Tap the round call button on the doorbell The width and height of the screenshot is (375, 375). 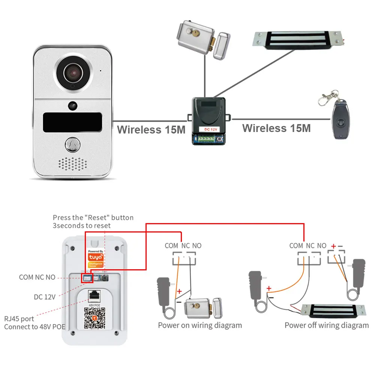pyautogui.click(x=73, y=144)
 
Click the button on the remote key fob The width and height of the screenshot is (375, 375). pyautogui.click(x=341, y=122)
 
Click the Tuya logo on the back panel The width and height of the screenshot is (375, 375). pyautogui.click(x=94, y=256)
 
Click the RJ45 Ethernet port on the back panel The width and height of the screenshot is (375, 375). pyautogui.click(x=94, y=295)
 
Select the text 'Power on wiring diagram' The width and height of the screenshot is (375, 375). pyautogui.click(x=200, y=325)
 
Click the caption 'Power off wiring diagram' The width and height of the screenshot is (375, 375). pyautogui.click(x=327, y=325)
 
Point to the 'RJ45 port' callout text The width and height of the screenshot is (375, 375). pyautogui.click(x=19, y=319)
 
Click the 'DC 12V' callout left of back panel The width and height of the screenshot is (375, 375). pyautogui.click(x=45, y=297)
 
